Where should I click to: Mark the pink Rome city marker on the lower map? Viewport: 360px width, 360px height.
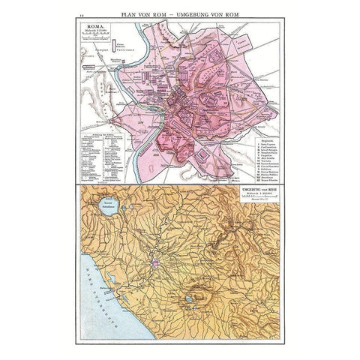(155, 263)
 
